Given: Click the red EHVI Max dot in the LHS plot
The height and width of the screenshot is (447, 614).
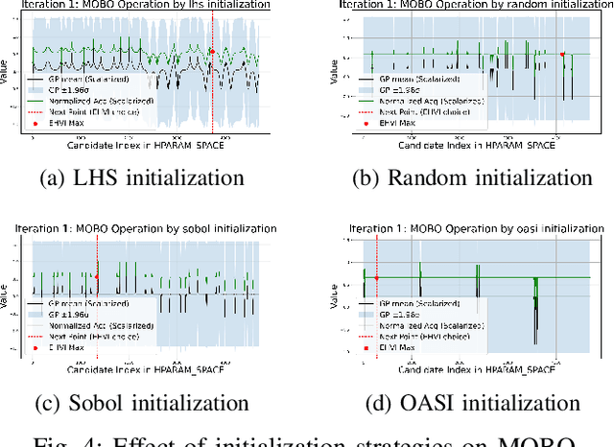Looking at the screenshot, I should coord(212,52).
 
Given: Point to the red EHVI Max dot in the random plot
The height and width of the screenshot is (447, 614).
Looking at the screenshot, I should coord(563,55).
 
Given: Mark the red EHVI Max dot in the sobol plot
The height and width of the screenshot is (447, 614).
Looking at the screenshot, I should coord(97,277).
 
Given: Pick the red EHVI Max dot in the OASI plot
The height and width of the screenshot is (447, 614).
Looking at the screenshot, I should coord(377,278).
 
